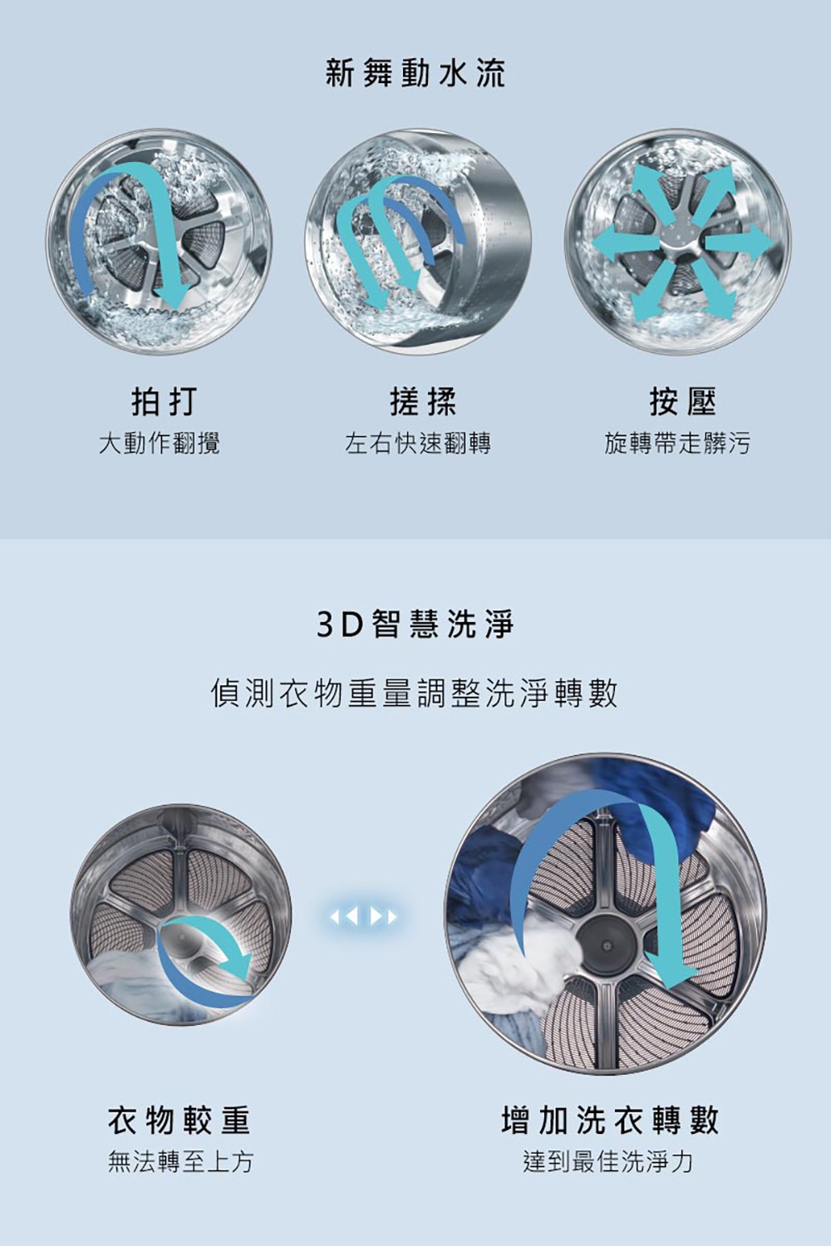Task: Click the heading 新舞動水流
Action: coord(415,74)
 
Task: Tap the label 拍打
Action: coord(165,402)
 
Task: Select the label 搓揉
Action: coord(423,402)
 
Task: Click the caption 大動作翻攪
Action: coord(159,444)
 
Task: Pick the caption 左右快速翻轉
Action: coord(417,444)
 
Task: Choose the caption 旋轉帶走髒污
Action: coord(676,444)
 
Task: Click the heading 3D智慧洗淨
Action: coord(415,624)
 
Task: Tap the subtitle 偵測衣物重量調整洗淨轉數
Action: coord(415,693)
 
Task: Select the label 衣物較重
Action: coord(179,1121)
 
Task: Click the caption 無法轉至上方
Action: coord(179,1161)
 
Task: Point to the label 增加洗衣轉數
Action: coord(609,1121)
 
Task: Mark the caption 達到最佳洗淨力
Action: coord(607,1161)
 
